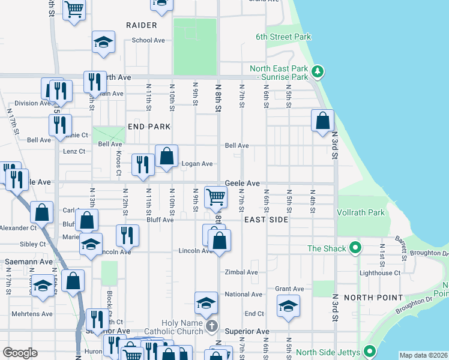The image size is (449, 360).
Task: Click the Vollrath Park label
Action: click(361, 212)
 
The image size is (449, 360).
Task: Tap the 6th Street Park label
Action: click(283, 37)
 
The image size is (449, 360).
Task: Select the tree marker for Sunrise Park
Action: click(318, 73)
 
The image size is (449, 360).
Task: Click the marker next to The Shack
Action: click(355, 248)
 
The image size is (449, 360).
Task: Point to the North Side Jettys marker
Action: click(370, 352)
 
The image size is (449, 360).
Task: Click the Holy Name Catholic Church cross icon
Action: click(211, 326)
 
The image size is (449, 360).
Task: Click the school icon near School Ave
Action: click(103, 42)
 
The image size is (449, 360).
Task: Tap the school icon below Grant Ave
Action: click(288, 305)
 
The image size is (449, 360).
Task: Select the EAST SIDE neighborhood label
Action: click(267, 220)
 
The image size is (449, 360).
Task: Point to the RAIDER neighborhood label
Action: click(142, 25)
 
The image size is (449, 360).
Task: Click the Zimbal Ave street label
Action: click(241, 272)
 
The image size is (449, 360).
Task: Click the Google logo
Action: click(20, 353)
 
